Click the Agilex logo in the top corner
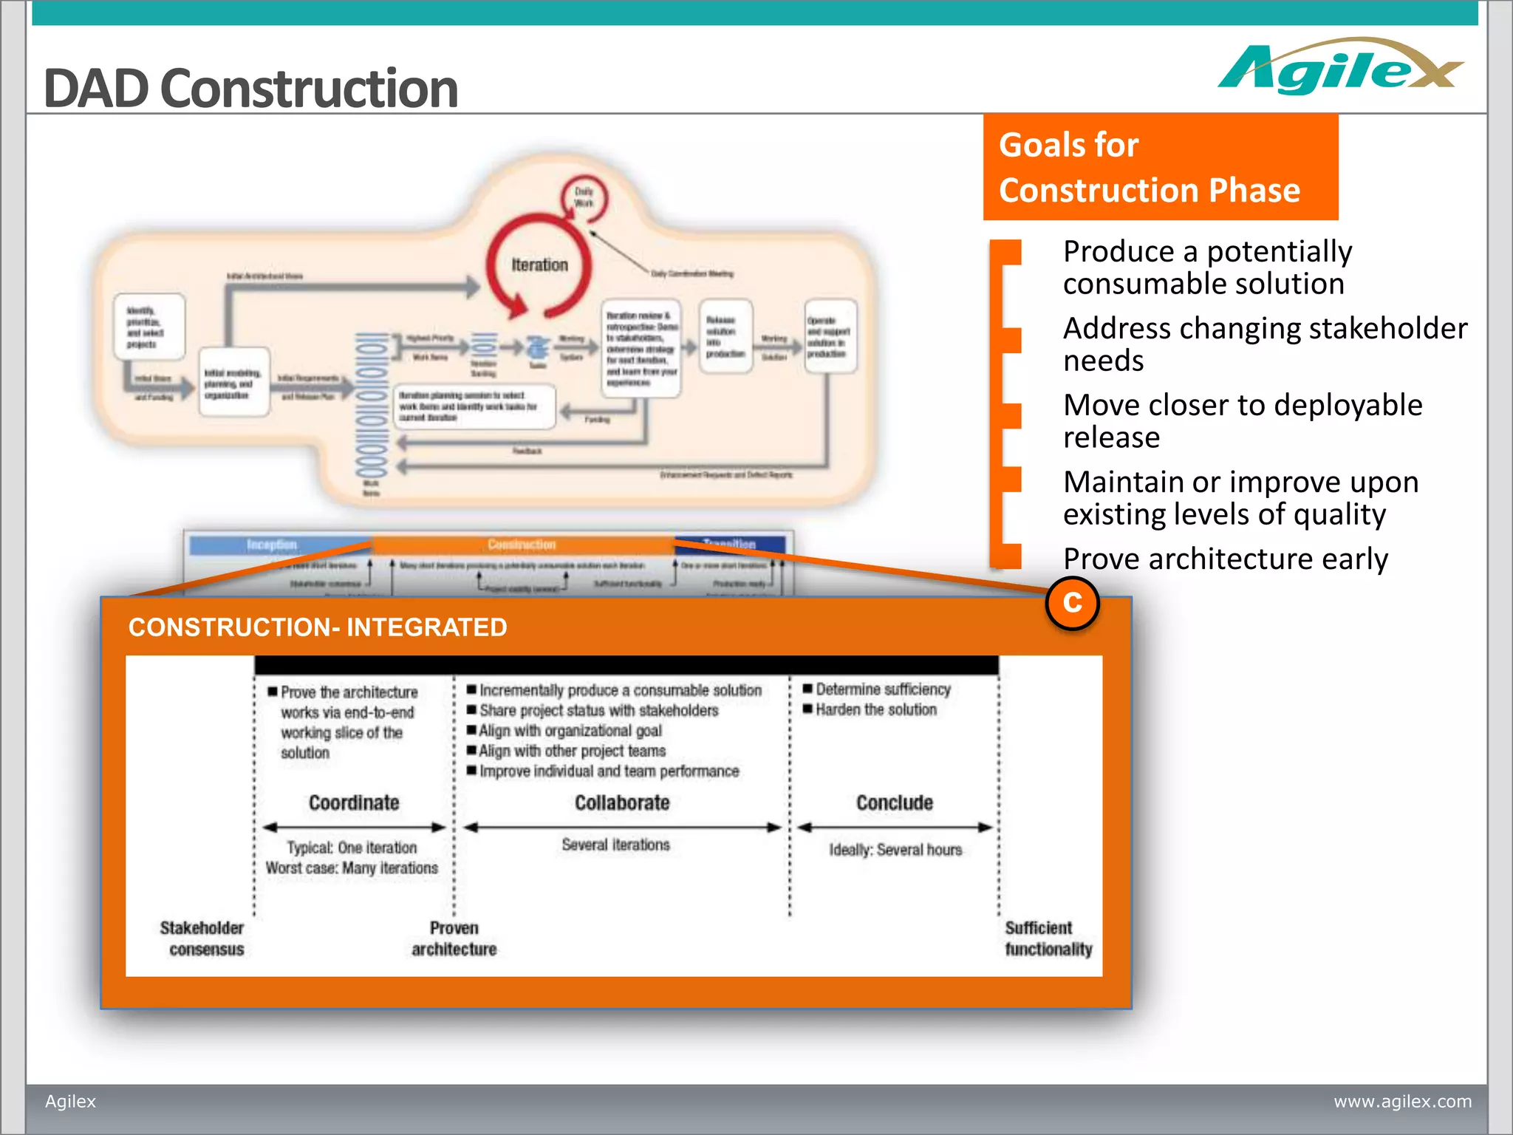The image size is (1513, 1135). (1339, 69)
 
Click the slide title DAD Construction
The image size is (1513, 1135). (251, 88)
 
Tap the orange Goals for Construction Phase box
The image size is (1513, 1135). (1160, 167)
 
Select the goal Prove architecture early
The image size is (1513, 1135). (1225, 559)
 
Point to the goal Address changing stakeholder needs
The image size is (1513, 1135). (1264, 344)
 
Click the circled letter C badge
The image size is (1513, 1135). (1072, 603)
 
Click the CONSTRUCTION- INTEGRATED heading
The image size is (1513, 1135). (318, 627)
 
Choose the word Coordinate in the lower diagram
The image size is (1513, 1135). (354, 802)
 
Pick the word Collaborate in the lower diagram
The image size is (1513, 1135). (622, 802)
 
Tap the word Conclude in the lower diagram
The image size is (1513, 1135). (894, 802)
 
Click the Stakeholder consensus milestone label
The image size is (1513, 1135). (202, 938)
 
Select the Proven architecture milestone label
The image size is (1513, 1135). (454, 938)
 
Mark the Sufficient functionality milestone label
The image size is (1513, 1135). (1048, 938)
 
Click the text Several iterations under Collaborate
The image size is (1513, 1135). (615, 845)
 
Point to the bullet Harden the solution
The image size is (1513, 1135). (875, 709)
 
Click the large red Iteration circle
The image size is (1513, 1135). (539, 265)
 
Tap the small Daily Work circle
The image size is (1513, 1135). (584, 197)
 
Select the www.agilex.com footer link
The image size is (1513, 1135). (1402, 1101)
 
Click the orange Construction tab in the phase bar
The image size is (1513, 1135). (522, 545)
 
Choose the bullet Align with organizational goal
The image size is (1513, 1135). (570, 731)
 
